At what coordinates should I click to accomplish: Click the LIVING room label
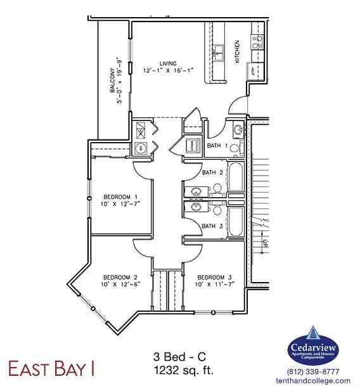[x=168, y=63]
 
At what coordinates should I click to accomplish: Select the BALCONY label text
[x=112, y=81]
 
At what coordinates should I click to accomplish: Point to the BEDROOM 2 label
[x=121, y=277]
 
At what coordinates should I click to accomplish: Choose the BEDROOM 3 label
[x=214, y=277]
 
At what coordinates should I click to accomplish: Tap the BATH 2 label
[x=212, y=172]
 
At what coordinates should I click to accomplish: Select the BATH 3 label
[x=212, y=225]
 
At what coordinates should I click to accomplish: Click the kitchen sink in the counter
[x=219, y=50]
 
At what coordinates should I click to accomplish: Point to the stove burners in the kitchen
[x=257, y=42]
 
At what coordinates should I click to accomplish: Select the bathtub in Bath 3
[x=235, y=220]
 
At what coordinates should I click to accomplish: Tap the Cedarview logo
[x=313, y=345]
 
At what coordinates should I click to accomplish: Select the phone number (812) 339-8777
[x=313, y=371]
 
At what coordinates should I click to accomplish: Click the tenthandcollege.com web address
[x=313, y=380]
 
